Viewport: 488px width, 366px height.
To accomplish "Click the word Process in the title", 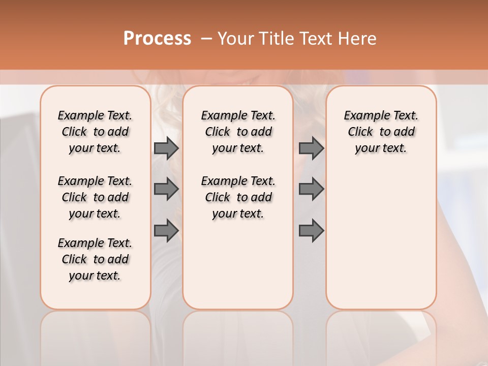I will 157,39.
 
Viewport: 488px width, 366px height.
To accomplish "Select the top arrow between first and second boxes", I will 166,148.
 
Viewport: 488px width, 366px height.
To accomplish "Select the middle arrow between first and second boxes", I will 166,189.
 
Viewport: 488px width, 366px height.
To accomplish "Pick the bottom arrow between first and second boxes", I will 166,230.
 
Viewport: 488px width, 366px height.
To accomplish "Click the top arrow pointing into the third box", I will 311,148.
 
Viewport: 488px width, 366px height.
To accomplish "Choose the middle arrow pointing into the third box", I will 311,189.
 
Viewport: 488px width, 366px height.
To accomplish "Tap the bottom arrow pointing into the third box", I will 311,230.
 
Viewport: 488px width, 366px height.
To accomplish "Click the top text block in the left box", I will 95,132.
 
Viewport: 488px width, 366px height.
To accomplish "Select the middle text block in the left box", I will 95,197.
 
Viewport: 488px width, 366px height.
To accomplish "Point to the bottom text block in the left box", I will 95,259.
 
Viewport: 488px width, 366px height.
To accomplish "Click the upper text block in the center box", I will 238,132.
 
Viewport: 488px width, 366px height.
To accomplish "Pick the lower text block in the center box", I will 238,197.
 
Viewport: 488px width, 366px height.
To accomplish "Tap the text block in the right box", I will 381,132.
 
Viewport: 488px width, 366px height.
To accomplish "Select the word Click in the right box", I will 360,132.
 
